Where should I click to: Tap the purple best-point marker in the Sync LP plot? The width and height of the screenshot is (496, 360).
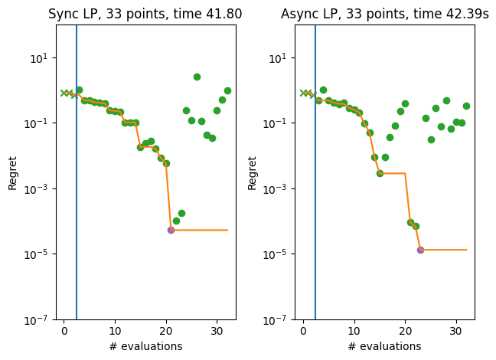click(x=171, y=230)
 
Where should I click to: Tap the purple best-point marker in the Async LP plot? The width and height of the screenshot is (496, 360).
click(x=420, y=250)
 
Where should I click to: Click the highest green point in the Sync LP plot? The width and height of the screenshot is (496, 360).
click(x=197, y=77)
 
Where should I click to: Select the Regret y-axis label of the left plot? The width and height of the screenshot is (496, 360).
click(x=13, y=172)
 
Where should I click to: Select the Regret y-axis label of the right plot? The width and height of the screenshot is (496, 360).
click(x=253, y=172)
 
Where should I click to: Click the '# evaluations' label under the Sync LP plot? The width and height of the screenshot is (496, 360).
click(x=145, y=346)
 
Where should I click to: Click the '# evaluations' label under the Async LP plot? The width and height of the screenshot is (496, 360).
click(x=384, y=346)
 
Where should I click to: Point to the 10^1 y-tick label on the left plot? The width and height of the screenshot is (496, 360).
click(x=41, y=58)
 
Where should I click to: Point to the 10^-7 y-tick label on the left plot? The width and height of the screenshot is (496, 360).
click(x=39, y=319)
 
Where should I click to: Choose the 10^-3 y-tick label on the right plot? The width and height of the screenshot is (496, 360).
click(x=279, y=189)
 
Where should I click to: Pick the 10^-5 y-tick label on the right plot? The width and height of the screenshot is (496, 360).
click(x=279, y=254)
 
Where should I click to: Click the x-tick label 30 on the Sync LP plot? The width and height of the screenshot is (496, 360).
click(x=217, y=331)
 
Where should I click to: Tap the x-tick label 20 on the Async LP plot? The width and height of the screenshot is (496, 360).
click(x=405, y=331)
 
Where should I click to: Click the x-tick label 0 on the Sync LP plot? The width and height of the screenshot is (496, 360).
click(x=64, y=331)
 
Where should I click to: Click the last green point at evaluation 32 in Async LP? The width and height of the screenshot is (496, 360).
click(x=466, y=106)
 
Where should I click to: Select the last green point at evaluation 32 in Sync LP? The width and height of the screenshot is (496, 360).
click(x=227, y=90)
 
